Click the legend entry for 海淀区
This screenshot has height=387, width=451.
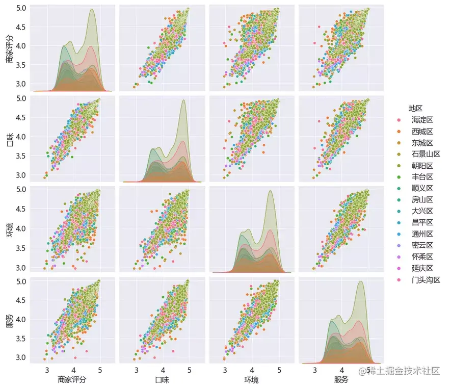(x=421, y=119)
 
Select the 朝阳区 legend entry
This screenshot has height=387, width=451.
(x=421, y=165)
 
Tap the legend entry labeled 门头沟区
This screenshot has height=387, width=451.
(x=426, y=280)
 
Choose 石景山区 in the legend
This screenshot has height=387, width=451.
(x=426, y=154)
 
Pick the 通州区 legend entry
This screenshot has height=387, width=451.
(x=421, y=234)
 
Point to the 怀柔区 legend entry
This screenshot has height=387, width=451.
(x=421, y=257)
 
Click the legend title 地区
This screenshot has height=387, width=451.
(x=415, y=108)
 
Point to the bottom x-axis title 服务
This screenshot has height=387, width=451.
(x=341, y=380)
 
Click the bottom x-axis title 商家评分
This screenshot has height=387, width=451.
(x=73, y=380)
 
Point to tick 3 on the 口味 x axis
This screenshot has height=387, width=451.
(x=137, y=369)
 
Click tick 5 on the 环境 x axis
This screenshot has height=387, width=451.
(x=279, y=369)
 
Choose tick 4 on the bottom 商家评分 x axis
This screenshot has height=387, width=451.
(x=73, y=369)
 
